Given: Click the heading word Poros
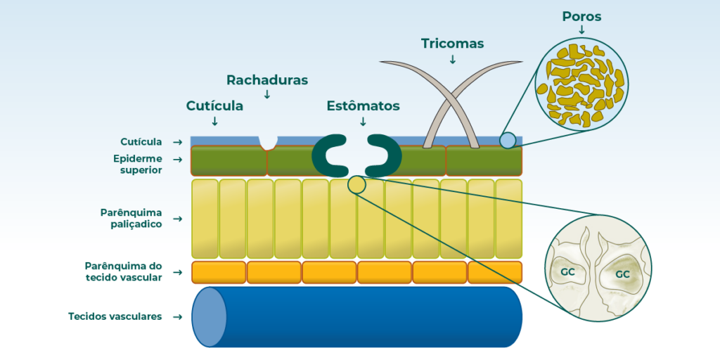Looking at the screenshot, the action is tap(581, 17).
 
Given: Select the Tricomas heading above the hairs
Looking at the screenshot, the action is tap(452, 44).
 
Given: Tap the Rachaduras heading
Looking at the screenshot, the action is tap(266, 80).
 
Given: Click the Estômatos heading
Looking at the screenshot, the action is tap(364, 105).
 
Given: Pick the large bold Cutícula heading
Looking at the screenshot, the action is tap(214, 105).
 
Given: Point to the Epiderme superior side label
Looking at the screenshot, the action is tap(138, 164).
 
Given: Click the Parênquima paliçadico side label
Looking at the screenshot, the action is tap(131, 219).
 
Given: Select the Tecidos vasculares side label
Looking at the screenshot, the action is tap(115, 316).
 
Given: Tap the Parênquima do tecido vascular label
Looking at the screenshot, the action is tap(124, 272).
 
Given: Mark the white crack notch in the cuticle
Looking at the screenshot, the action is tap(268, 142).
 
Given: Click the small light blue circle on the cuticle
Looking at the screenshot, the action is tap(508, 140).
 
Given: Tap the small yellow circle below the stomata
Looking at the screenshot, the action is tap(356, 185).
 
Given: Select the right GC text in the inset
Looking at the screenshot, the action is tap(622, 274).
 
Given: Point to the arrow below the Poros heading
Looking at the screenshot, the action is tap(581, 30).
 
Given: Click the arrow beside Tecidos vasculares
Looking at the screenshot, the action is tap(177, 317).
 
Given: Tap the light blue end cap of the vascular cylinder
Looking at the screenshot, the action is tap(210, 317).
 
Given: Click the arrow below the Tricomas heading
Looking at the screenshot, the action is tap(452, 59).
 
